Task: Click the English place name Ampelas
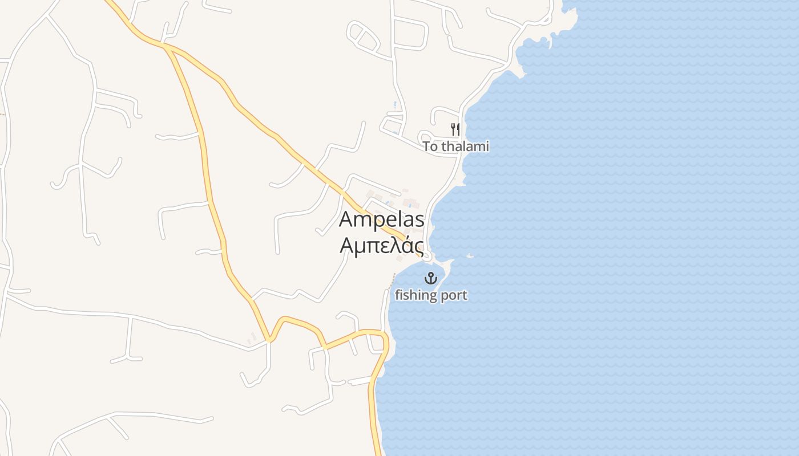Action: (382, 220)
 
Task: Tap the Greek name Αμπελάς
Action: (382, 245)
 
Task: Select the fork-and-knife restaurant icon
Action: (455, 129)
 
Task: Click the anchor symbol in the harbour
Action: (431, 278)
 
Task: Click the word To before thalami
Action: (430, 147)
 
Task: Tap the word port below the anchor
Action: (454, 296)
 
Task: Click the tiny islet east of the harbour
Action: (470, 256)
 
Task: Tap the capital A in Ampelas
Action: (347, 219)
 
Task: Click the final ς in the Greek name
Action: (418, 247)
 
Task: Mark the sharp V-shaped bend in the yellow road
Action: (269, 340)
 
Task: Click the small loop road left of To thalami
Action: (425, 137)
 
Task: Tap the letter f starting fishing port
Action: (397, 295)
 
